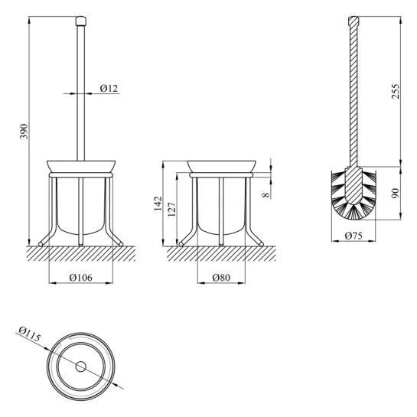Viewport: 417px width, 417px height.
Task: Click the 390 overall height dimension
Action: [24, 132]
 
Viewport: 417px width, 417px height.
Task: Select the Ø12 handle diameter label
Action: [109, 88]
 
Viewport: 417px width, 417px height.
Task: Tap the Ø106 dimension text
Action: [81, 278]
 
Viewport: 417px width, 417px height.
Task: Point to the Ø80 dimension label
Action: [221, 278]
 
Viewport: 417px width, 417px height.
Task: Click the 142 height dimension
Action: [158, 204]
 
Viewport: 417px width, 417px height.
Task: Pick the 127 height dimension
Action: [172, 210]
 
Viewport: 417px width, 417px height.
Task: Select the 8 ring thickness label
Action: [266, 195]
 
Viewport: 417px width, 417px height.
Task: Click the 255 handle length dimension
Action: [396, 91]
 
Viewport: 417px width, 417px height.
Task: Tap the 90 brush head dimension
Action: [396, 193]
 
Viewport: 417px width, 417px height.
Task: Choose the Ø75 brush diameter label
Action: [353, 236]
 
